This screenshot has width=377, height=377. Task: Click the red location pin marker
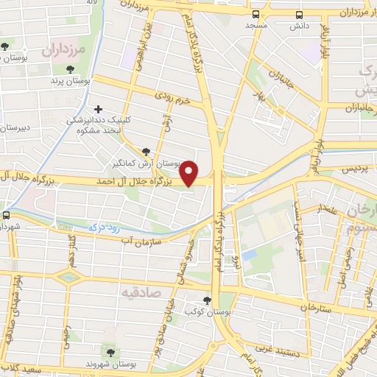click(190, 172)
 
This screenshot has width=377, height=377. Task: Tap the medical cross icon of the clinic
click(98, 108)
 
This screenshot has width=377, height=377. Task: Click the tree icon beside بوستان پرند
click(70, 69)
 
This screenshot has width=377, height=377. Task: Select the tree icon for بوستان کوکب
click(207, 300)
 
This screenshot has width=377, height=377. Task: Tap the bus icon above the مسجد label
click(256, 14)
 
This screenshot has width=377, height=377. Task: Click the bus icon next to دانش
click(300, 14)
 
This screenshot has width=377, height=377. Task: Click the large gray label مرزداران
click(64, 51)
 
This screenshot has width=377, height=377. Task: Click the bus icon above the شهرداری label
click(6, 216)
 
